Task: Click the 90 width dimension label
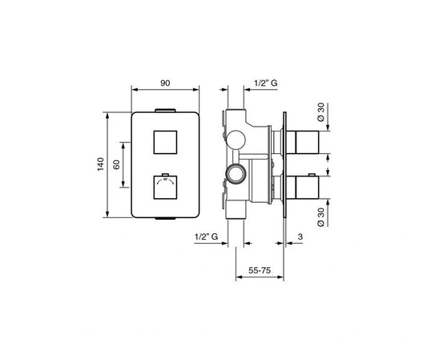click(165, 83)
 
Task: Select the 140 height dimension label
click(101, 164)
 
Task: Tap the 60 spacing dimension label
click(116, 164)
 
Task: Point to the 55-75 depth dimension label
click(260, 270)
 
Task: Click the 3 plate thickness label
click(300, 237)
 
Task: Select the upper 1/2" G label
click(265, 83)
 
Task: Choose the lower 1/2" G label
click(206, 237)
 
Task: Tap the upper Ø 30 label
click(321, 112)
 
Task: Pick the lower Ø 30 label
click(321, 217)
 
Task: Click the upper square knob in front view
click(165, 142)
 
